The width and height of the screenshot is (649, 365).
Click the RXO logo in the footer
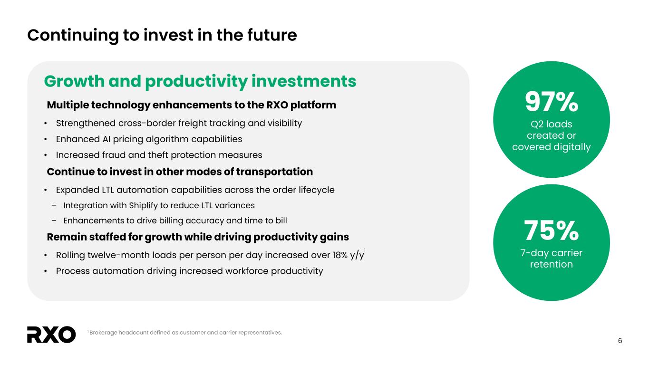pos(51,335)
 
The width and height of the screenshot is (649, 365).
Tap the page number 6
pos(620,341)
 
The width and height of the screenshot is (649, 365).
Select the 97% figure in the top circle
pos(552,102)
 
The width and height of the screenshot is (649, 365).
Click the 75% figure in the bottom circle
pos(552,231)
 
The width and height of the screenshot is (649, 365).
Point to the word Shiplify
pos(144,206)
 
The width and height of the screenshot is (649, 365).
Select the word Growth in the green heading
pos(75,81)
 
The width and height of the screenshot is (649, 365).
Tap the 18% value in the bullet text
pos(340,255)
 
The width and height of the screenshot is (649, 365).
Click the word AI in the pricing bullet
pos(107,139)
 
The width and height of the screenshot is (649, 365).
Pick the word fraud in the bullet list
pos(114,155)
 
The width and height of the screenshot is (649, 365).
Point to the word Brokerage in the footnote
pos(103,333)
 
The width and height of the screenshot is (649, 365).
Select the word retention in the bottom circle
pos(552,264)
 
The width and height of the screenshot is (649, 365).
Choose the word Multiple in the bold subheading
pos(68,105)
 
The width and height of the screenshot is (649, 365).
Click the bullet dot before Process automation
pos(46,271)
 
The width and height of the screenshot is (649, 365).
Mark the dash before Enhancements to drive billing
pos(54,221)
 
